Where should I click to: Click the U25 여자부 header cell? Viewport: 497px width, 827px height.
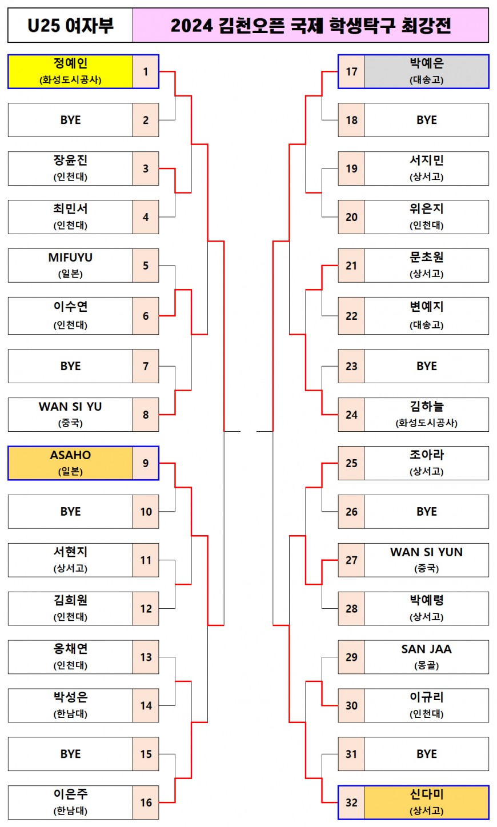click(x=70, y=26)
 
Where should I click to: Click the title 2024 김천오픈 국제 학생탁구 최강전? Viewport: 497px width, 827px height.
click(x=310, y=26)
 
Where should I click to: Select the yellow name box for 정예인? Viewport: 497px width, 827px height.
click(x=70, y=71)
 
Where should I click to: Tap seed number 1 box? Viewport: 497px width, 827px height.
click(x=146, y=71)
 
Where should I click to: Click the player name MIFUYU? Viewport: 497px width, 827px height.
click(x=70, y=258)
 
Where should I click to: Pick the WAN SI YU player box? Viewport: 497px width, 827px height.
click(x=70, y=414)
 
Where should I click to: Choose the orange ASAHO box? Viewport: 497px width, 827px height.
click(x=70, y=463)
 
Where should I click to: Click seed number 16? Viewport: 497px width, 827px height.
click(x=146, y=802)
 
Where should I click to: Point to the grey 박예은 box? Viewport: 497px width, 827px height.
click(x=426, y=71)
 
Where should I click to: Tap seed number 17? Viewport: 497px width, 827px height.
click(x=351, y=71)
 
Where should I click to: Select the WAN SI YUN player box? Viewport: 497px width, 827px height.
click(x=426, y=560)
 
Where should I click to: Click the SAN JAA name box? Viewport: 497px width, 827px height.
click(x=426, y=657)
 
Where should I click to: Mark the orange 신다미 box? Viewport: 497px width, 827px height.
click(x=426, y=802)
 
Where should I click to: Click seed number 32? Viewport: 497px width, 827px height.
click(x=351, y=802)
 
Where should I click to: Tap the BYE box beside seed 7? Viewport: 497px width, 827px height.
click(x=70, y=366)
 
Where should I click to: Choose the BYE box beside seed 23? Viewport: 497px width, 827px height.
click(x=426, y=366)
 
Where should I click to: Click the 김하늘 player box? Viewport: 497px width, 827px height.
click(x=426, y=414)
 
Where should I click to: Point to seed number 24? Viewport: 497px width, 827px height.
click(x=351, y=414)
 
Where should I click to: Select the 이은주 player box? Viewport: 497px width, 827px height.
click(x=70, y=802)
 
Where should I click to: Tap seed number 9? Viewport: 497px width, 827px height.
click(x=146, y=463)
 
